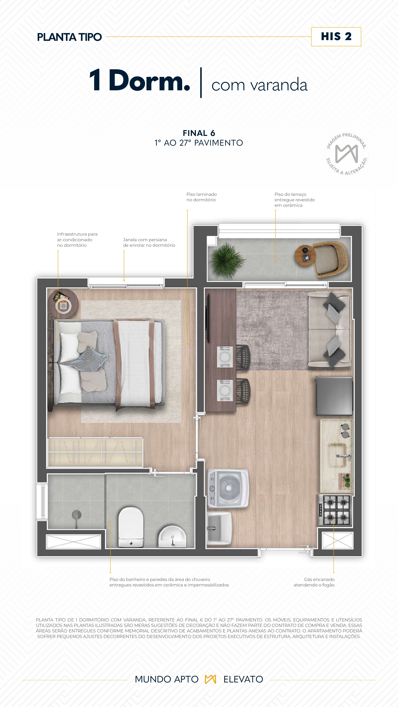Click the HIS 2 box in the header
[x=336, y=37]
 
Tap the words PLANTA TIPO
[x=69, y=37]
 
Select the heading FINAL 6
[x=199, y=133]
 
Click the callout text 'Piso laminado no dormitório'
[x=201, y=197]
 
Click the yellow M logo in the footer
[x=210, y=679]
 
